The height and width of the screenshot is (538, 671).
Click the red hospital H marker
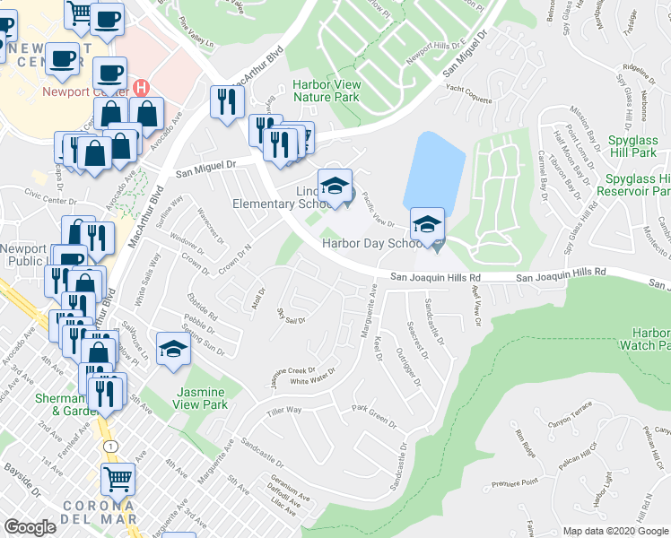tap(141, 87)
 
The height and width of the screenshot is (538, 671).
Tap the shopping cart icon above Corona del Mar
tap(118, 480)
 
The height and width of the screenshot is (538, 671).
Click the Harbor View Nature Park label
tap(326, 91)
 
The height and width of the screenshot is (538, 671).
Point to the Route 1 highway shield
tap(109, 446)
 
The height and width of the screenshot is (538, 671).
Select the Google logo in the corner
tap(30, 527)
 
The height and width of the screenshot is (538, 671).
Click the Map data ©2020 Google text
tap(615, 531)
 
